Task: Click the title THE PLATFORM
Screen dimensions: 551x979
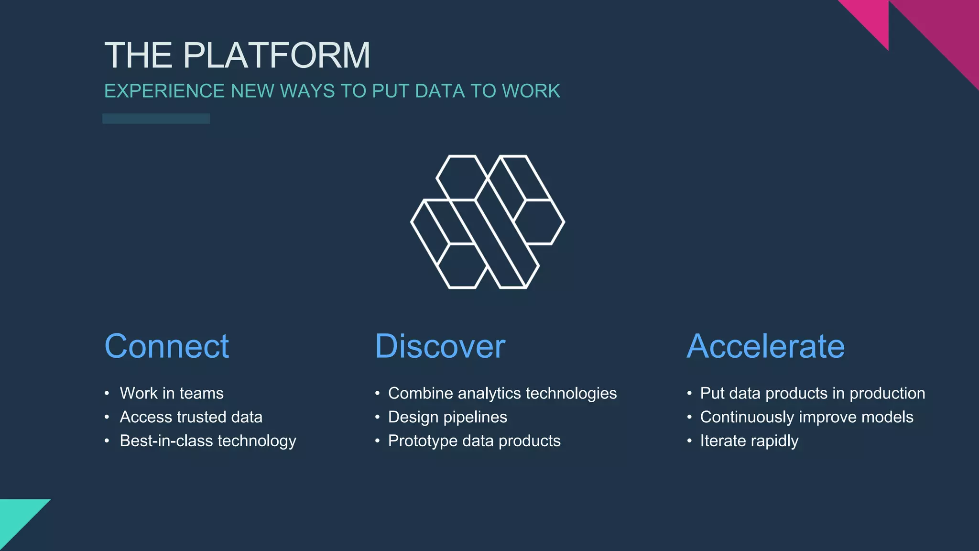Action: tap(237, 55)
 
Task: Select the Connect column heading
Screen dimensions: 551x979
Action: tap(167, 346)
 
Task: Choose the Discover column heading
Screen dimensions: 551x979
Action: tap(440, 346)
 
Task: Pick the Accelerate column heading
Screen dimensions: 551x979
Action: tap(765, 346)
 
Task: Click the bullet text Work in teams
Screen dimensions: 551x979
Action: tap(172, 393)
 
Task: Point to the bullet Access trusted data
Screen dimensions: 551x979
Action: tap(191, 417)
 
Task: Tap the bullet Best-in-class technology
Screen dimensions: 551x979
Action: tap(208, 441)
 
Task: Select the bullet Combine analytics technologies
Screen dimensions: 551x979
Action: tap(502, 393)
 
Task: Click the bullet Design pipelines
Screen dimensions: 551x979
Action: tap(447, 417)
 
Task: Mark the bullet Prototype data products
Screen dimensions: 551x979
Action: tap(474, 441)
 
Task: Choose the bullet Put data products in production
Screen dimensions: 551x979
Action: tap(812, 393)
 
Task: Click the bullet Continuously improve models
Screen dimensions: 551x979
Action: tap(806, 417)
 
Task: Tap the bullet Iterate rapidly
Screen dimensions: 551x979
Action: tap(749, 441)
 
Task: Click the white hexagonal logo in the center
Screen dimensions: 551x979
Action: tap(488, 222)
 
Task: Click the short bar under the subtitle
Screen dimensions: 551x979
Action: tap(156, 119)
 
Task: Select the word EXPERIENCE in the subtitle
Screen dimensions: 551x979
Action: tap(164, 91)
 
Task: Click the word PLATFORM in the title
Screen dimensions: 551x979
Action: tap(276, 55)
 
